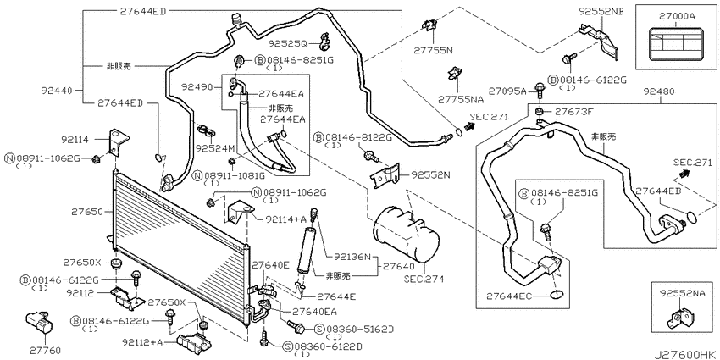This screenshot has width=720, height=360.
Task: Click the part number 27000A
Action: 677,17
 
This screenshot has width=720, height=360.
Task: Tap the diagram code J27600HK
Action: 686,354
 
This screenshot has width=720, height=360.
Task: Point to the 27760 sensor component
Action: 39,323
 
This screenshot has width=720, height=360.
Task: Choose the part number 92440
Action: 57,91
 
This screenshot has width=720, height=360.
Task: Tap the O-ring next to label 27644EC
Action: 557,295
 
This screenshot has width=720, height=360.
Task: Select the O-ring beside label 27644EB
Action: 691,216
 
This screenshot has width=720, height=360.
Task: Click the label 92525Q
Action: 287,43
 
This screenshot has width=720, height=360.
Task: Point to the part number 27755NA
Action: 461,99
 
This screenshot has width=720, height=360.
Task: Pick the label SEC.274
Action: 424,279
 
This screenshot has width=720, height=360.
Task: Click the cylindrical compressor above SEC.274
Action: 406,234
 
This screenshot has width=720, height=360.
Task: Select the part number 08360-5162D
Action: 360,330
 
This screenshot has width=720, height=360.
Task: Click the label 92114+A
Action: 285,219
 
